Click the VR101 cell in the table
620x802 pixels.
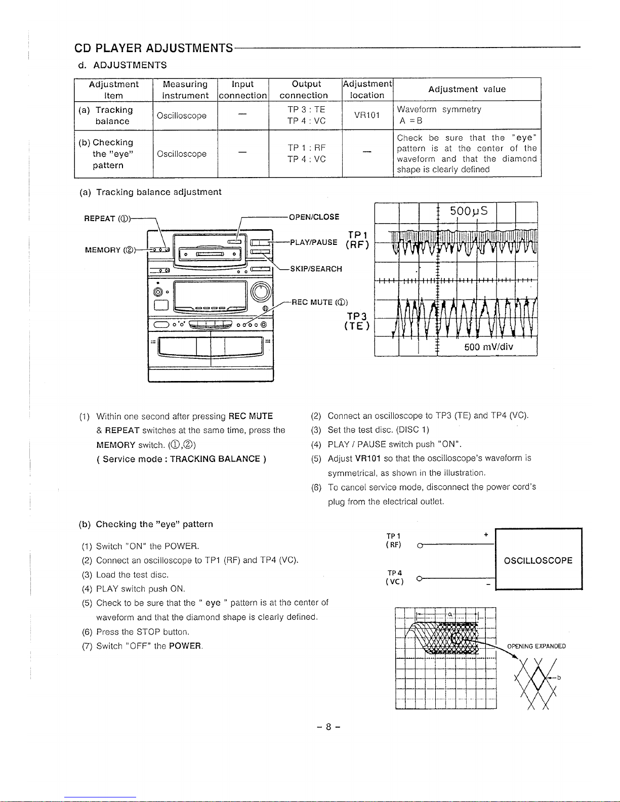coord(367,115)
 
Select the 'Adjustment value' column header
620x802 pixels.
coord(467,90)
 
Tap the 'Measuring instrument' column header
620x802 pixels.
coord(185,90)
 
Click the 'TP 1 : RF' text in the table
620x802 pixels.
coord(306,148)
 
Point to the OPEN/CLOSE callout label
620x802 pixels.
coord(314,217)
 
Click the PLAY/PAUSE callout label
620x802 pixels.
coord(314,242)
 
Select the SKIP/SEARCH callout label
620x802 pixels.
coord(316,269)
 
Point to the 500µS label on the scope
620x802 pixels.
coord(469,211)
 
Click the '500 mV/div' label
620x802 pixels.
coord(489,347)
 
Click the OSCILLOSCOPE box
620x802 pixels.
coord(539,561)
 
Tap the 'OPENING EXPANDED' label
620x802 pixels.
coord(536,646)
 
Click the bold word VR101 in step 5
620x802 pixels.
coord(367,458)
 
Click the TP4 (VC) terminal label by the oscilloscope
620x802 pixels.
coord(394,577)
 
